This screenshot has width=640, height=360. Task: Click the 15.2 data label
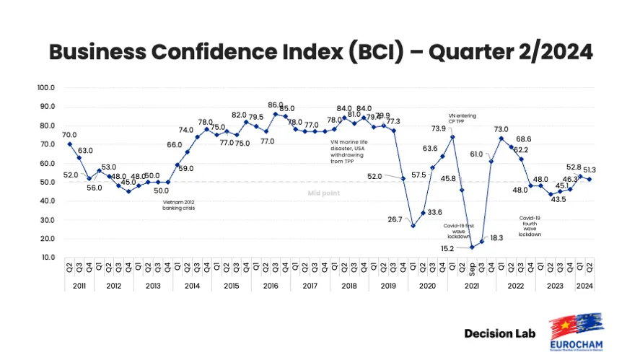449,249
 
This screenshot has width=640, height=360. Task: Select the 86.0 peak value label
275,105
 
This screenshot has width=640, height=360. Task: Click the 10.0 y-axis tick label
48,258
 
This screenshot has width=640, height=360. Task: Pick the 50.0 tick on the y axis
48,182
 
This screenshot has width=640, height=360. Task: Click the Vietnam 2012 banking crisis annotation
179,204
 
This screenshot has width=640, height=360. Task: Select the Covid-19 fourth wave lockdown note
532,225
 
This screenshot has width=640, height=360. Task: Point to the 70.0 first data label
70,134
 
